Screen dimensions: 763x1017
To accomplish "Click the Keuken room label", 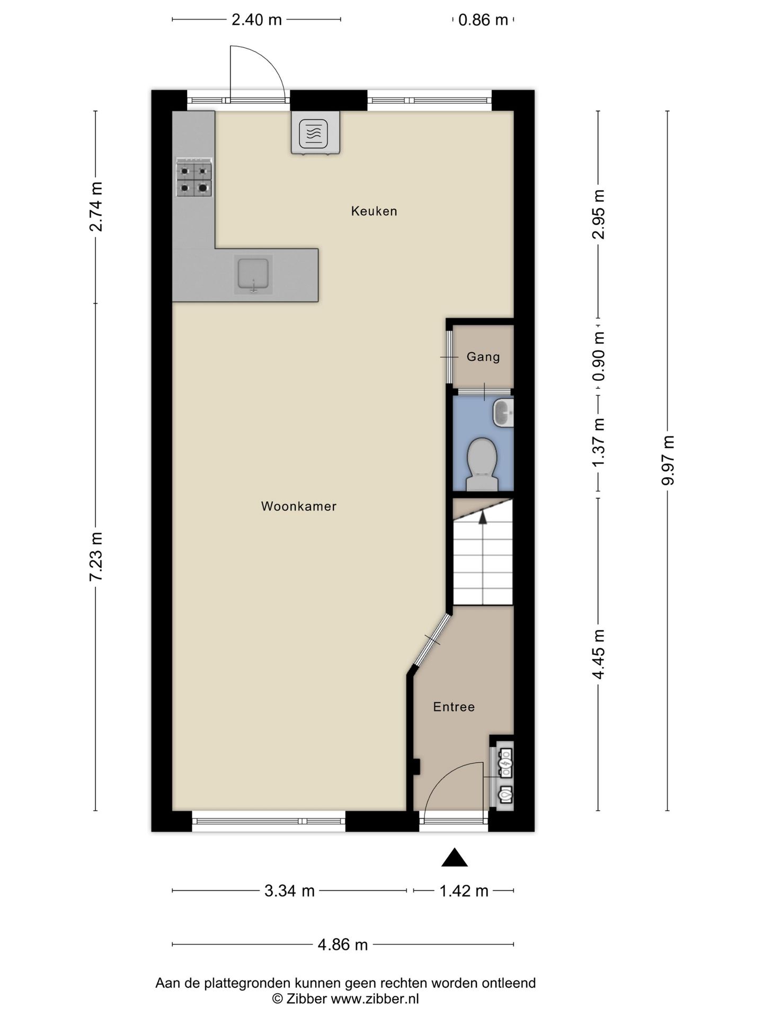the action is (x=374, y=211).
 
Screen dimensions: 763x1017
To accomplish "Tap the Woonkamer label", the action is (x=299, y=506).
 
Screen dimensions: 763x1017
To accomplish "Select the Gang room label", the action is (x=483, y=357).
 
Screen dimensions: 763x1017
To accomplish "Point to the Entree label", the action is (x=454, y=707).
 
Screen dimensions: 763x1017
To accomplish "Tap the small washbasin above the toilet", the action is (x=503, y=413).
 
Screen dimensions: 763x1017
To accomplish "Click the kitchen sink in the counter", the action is (x=254, y=274).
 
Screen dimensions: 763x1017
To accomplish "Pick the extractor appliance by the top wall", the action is (x=315, y=133).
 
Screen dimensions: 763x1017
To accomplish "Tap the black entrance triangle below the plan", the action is (x=455, y=857).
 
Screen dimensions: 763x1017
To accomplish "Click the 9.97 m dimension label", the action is (x=668, y=460).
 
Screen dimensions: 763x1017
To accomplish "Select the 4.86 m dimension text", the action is (x=343, y=944).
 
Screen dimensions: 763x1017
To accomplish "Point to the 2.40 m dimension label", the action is (x=256, y=20).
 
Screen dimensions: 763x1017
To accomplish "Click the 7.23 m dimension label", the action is (x=96, y=557).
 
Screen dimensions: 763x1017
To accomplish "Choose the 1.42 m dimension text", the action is (x=464, y=891).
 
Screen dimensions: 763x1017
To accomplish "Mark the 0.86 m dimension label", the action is (x=483, y=20).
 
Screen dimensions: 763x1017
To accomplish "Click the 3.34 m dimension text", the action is (x=289, y=891).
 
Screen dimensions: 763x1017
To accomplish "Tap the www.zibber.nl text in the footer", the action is (x=375, y=999).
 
